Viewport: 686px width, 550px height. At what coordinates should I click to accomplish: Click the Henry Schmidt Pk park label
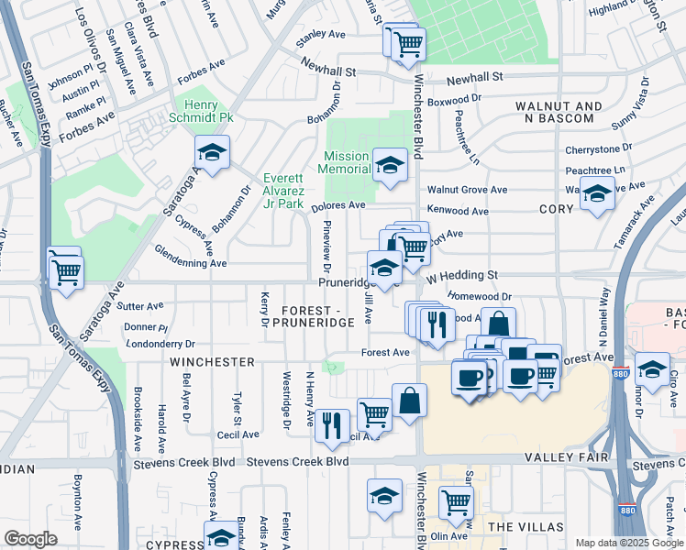tap(194, 112)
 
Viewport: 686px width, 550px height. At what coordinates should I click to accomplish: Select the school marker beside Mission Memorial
tap(390, 166)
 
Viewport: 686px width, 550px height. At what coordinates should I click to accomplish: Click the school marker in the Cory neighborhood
tap(597, 195)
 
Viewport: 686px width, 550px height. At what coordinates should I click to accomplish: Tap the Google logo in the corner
tap(31, 538)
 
